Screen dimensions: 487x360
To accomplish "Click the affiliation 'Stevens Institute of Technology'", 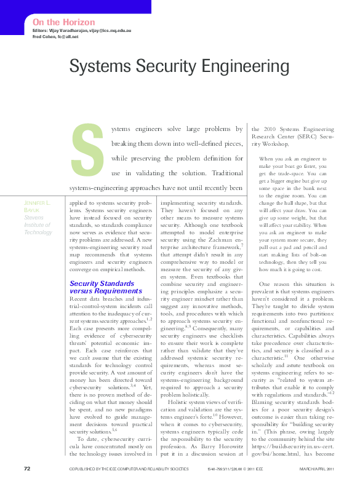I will pyautogui.click(x=38, y=224).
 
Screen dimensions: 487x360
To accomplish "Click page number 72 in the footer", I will pyautogui.click(x=27, y=469).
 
